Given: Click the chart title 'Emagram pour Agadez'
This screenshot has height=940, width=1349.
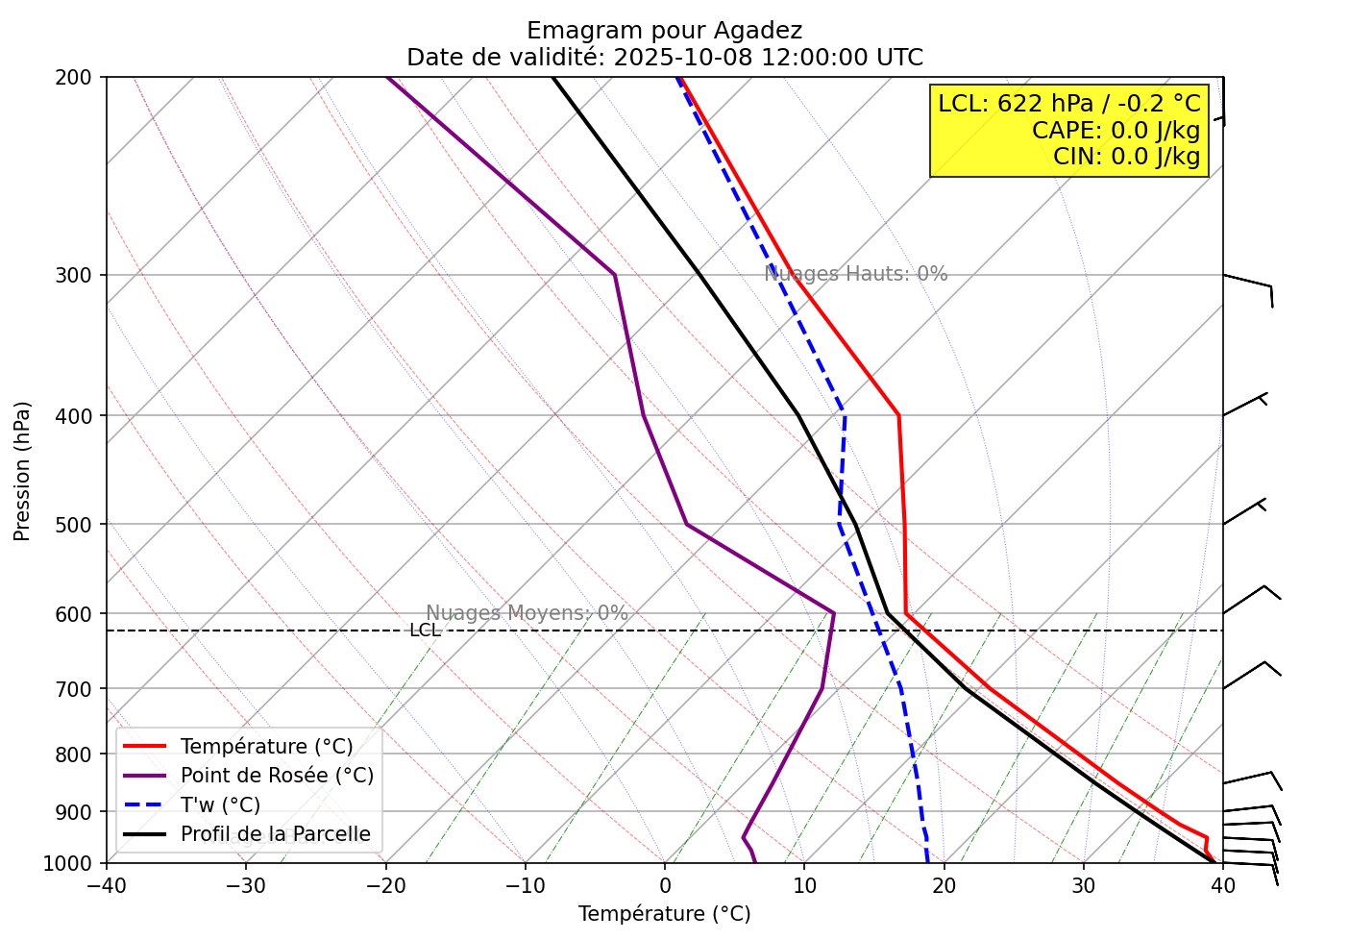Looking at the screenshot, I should [x=664, y=31].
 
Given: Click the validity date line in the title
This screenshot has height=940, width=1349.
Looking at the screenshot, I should [x=664, y=58].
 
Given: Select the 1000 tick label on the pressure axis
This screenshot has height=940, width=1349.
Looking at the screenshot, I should [x=74, y=863].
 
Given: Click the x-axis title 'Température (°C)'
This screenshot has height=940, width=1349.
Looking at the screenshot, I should [x=664, y=914].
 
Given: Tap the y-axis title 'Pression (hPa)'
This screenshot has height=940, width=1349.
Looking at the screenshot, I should [x=22, y=471].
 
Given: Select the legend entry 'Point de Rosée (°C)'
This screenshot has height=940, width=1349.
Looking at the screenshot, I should [x=277, y=776].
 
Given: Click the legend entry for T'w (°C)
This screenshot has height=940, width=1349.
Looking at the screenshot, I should [x=220, y=805].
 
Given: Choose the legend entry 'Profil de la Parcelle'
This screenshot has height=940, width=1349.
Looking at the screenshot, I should [x=275, y=834].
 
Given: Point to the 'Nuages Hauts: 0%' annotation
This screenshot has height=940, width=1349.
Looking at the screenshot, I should [x=855, y=274].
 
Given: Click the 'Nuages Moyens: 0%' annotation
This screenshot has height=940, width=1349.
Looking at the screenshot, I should [x=527, y=613].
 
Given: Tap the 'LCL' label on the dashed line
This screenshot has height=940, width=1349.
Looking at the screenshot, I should [x=425, y=631].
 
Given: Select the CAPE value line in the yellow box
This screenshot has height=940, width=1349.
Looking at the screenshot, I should [x=1116, y=130].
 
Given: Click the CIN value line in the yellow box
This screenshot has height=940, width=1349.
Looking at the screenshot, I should [x=1126, y=156].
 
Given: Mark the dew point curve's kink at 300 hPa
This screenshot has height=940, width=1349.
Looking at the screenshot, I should [x=615, y=275].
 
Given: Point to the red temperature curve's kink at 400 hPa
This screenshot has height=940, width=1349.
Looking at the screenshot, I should [x=898, y=415].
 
